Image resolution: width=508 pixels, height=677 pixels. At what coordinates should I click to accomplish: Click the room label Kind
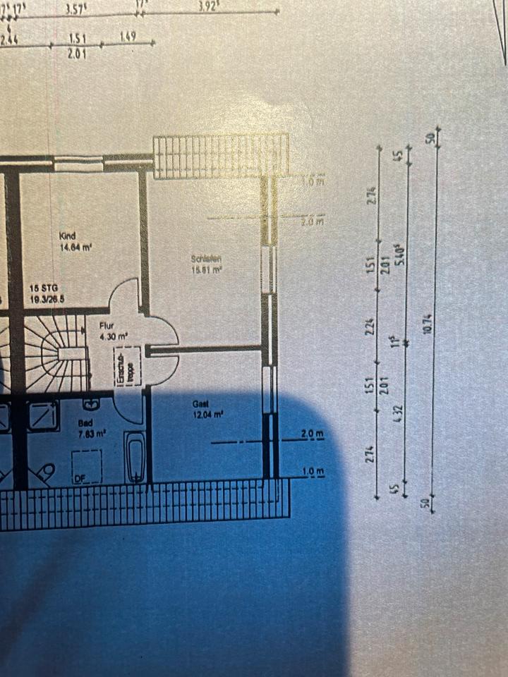pyautogui.click(x=68, y=236)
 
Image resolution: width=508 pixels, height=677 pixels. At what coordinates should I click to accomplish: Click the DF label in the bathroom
pyautogui.click(x=80, y=479)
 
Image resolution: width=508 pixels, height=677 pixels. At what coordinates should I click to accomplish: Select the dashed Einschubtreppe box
pyautogui.click(x=130, y=369)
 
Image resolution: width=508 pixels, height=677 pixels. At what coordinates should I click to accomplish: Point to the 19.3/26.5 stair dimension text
pyautogui.click(x=47, y=298)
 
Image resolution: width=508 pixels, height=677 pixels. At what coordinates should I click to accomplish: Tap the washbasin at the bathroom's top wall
pyautogui.click(x=92, y=405)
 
